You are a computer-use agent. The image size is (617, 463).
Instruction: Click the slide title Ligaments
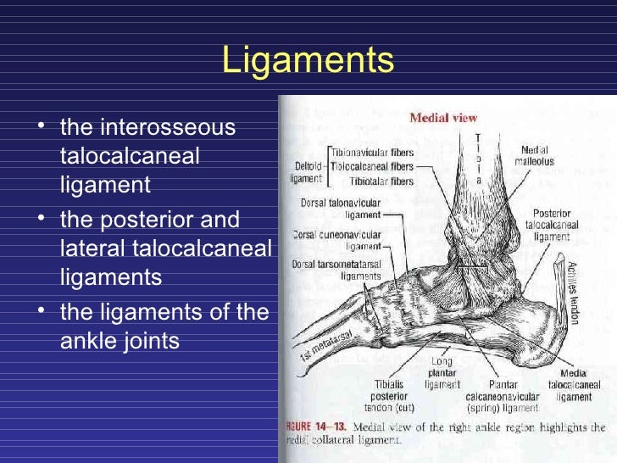click(x=308, y=61)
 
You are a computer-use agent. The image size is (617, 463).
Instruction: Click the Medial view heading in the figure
click(x=443, y=118)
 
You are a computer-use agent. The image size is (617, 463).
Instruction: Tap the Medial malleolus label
click(x=538, y=156)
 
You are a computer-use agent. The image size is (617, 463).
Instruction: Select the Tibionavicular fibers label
click(x=372, y=151)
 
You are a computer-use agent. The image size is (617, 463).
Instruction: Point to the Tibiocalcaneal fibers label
click(x=372, y=166)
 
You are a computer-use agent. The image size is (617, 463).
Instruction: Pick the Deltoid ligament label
click(x=308, y=173)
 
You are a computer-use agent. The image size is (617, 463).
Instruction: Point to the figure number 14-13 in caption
click(x=330, y=426)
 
